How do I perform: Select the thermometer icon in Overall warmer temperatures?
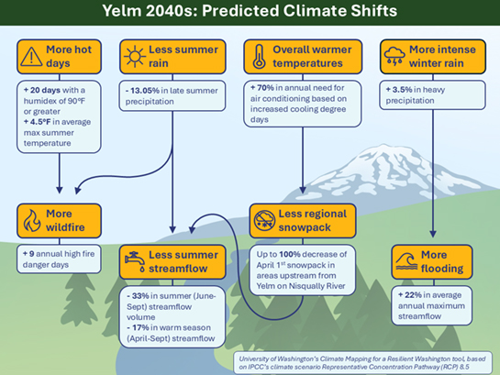coord(261,57)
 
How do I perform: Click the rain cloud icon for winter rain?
coord(395,57)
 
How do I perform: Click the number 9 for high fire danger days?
coord(34,250)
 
